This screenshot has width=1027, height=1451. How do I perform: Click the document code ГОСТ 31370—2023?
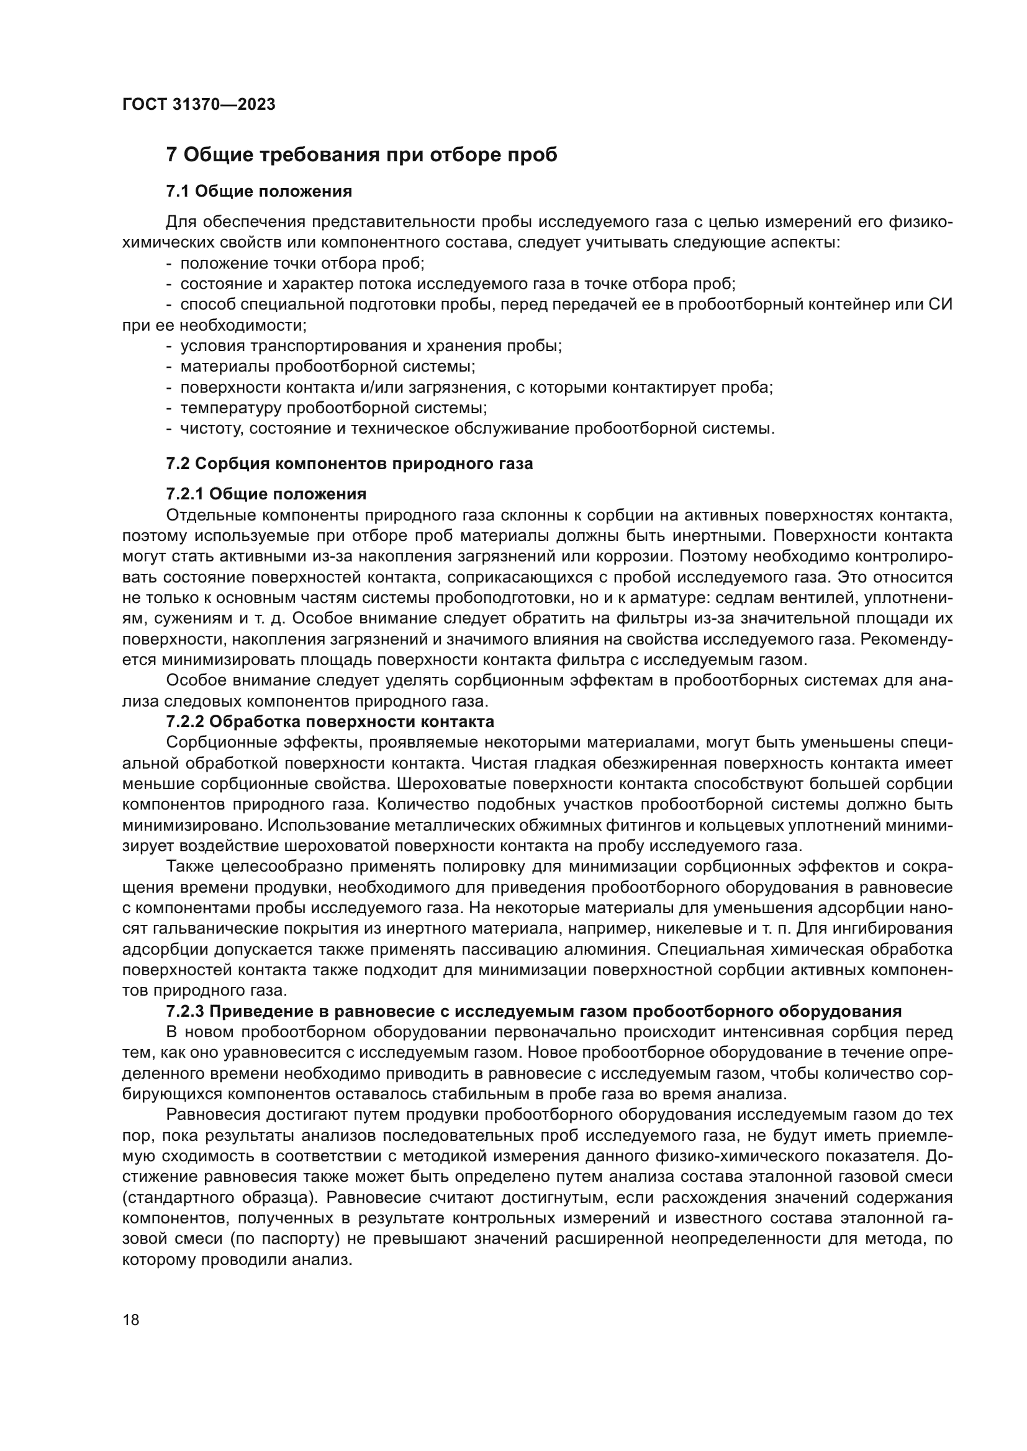(x=199, y=105)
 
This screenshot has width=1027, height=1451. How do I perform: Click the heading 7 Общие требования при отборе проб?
(x=362, y=155)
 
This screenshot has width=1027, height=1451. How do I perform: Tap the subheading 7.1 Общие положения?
(x=259, y=192)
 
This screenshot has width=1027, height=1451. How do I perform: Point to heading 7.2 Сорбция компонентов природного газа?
(x=349, y=463)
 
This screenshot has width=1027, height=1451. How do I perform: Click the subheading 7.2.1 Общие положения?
(x=266, y=493)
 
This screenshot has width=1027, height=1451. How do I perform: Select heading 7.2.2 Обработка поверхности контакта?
(x=330, y=721)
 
